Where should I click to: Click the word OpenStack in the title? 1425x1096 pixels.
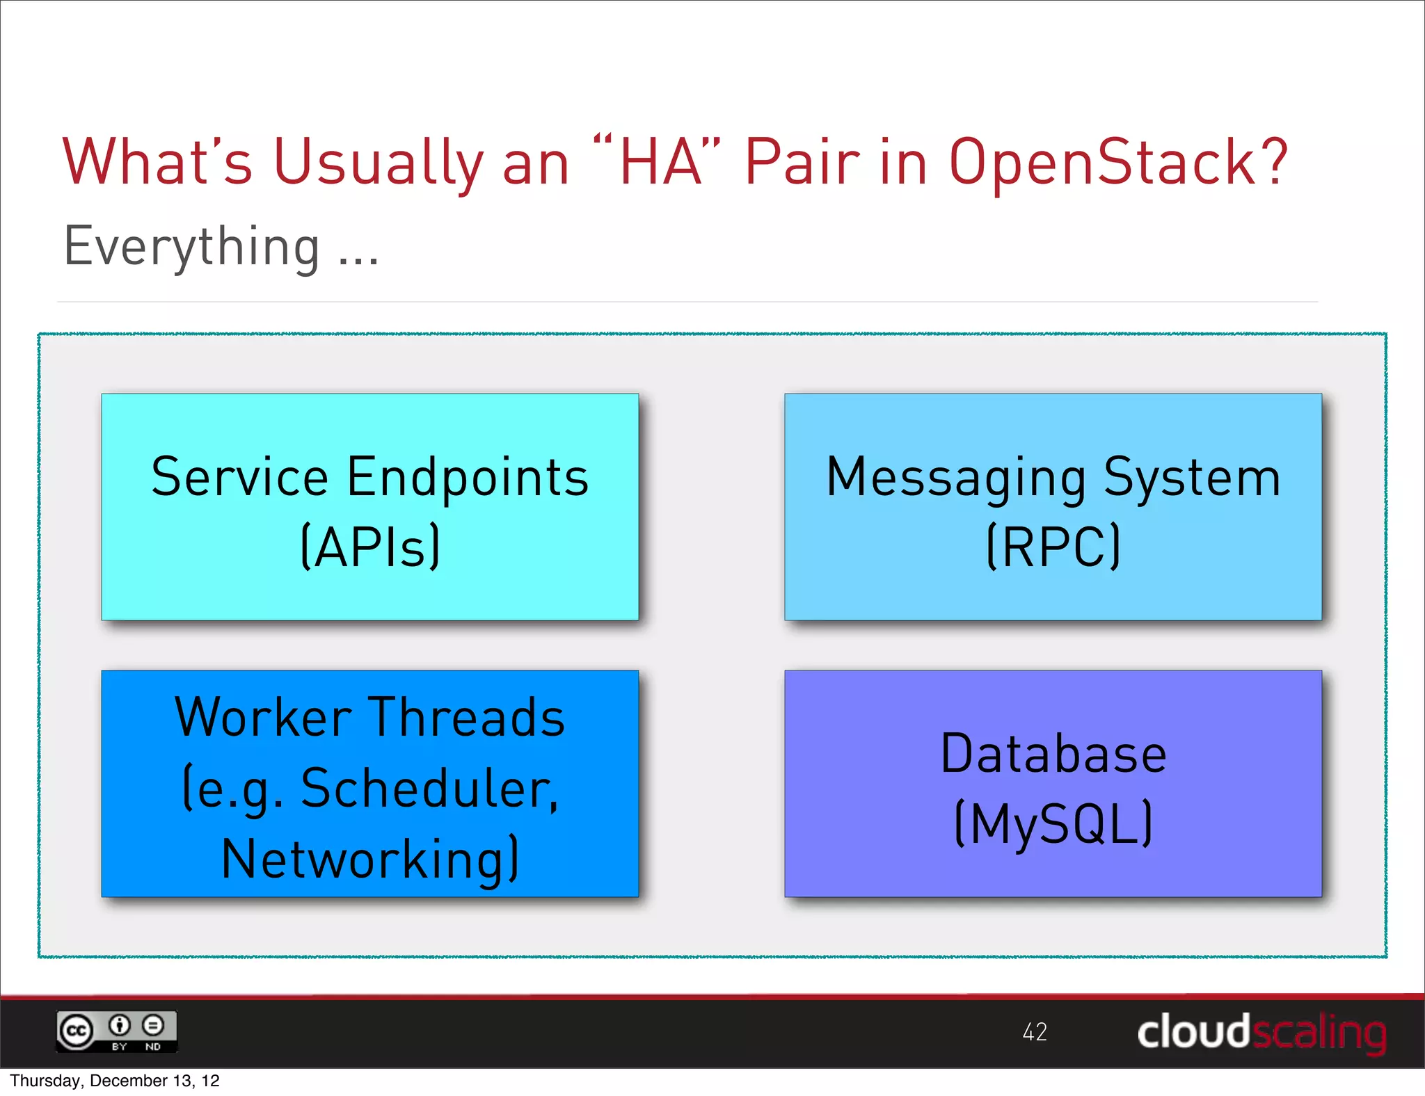pyautogui.click(x=1106, y=163)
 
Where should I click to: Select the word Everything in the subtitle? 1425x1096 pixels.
pyautogui.click(x=192, y=248)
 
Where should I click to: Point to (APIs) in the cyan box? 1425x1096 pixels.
pyautogui.click(x=370, y=547)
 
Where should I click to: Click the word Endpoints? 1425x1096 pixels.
pyautogui.click(x=468, y=478)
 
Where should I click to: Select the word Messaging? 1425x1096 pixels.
pyautogui.click(x=956, y=478)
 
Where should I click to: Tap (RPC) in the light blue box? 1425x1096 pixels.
pyautogui.click(x=1053, y=547)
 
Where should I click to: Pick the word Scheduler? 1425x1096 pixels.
pyautogui.click(x=429, y=789)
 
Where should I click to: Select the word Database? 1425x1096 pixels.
pyautogui.click(x=1053, y=754)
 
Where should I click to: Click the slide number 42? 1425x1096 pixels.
pyautogui.click(x=1035, y=1032)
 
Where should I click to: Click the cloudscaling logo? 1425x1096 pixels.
pyautogui.click(x=1261, y=1032)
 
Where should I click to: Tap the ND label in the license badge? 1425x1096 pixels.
pyautogui.click(x=152, y=1047)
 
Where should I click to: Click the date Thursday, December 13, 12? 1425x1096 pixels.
pyautogui.click(x=115, y=1081)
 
